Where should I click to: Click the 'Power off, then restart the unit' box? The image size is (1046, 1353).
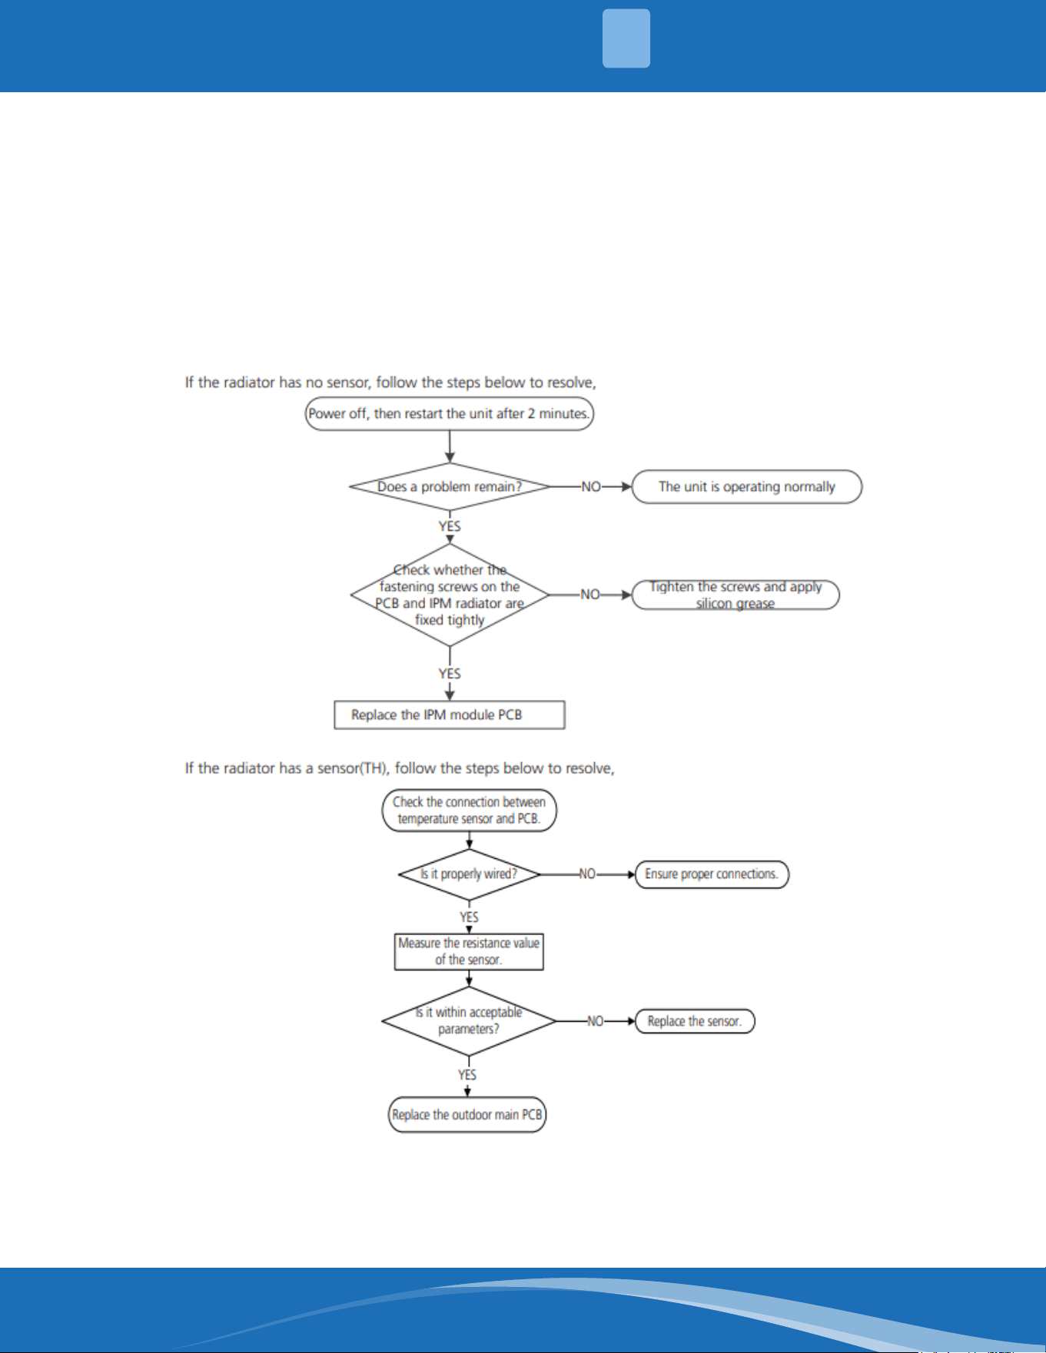(x=450, y=413)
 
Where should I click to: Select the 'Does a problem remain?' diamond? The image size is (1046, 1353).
(x=450, y=486)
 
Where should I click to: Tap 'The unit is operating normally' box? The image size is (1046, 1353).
(x=747, y=487)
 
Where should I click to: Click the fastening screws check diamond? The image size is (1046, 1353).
(x=450, y=595)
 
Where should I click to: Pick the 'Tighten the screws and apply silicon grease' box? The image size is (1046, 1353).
(x=736, y=595)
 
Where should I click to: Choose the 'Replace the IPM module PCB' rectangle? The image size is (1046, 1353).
(x=450, y=715)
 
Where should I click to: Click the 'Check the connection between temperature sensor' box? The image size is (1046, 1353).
(x=470, y=811)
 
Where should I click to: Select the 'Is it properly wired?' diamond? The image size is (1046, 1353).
(x=470, y=874)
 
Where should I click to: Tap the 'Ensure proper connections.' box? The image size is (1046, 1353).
(x=712, y=874)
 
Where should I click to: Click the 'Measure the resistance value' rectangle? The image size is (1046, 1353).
(x=469, y=951)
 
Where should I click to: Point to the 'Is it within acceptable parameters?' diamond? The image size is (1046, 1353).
(x=469, y=1021)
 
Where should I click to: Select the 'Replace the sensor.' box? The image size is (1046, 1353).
(x=696, y=1021)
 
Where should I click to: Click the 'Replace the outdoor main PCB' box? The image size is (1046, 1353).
(x=467, y=1115)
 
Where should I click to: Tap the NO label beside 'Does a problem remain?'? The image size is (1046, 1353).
(x=591, y=487)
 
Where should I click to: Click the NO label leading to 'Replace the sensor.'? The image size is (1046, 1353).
(x=596, y=1021)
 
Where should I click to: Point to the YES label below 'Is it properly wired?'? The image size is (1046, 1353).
(x=469, y=917)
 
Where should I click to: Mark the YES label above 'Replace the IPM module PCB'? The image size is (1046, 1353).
(x=450, y=674)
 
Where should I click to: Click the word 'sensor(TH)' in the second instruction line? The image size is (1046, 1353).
(x=350, y=768)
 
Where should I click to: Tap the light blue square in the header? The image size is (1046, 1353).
(x=626, y=38)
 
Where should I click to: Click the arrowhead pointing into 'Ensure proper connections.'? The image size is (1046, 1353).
(x=632, y=874)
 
